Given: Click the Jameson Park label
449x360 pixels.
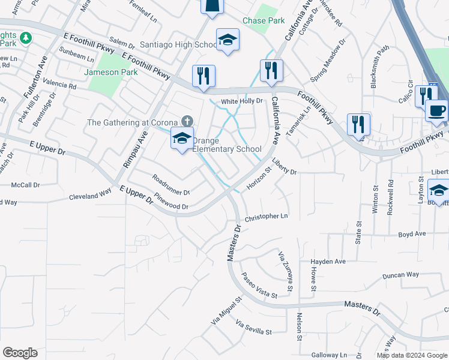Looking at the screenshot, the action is coord(111,72).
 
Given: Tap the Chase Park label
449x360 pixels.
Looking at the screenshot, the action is coord(264,20).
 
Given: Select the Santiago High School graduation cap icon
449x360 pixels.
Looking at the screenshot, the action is coord(228,41).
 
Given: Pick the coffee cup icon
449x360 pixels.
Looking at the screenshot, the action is coord(436,110).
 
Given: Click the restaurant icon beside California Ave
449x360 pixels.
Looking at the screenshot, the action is coord(271,71).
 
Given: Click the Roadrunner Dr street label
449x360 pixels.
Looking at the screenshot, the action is coord(171,185).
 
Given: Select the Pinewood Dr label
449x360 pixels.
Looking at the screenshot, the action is coord(171,206).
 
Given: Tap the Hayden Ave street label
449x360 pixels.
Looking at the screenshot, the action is coord(328,262).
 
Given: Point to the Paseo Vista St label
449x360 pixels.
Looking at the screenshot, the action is coord(259,286).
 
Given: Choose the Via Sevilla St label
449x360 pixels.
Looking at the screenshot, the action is coord(254,328).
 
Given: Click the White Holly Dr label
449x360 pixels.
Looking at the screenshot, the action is coord(242,101).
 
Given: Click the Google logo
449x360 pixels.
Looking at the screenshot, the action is coord(20,353).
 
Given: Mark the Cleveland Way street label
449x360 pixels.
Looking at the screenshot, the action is coord(90,196).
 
